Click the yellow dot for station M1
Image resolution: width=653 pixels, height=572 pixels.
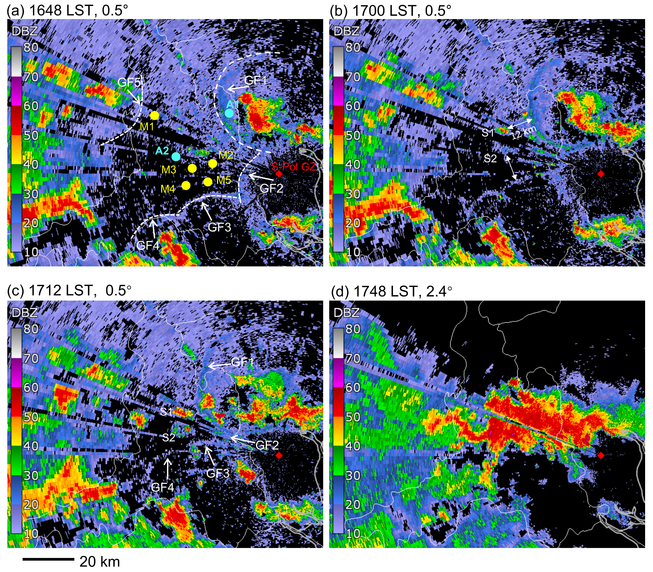(x=154, y=116)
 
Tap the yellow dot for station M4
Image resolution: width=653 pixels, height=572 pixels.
(x=186, y=185)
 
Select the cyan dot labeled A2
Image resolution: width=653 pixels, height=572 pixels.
(x=176, y=156)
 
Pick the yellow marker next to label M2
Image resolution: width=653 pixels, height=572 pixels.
(x=213, y=164)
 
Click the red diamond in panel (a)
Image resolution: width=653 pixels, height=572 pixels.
(x=279, y=174)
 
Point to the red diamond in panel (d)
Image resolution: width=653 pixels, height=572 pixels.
(x=601, y=455)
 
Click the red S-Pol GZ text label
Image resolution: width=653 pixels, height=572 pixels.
(x=294, y=166)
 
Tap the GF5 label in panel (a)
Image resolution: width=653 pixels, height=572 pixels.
(x=129, y=82)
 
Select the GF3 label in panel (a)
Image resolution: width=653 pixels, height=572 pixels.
(x=219, y=227)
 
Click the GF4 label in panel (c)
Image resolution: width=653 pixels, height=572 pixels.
(x=162, y=487)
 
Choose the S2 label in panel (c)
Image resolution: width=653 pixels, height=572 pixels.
(x=168, y=437)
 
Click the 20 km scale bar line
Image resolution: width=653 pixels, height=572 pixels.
(x=48, y=559)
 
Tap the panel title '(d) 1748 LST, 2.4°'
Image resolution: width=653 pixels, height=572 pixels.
(x=391, y=291)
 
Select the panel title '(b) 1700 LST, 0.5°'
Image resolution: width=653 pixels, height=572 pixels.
(x=390, y=11)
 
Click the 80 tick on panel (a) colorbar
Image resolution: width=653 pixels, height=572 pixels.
(x=31, y=48)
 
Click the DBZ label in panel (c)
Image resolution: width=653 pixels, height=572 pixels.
(x=25, y=313)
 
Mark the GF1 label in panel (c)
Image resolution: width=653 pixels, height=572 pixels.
(x=242, y=362)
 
